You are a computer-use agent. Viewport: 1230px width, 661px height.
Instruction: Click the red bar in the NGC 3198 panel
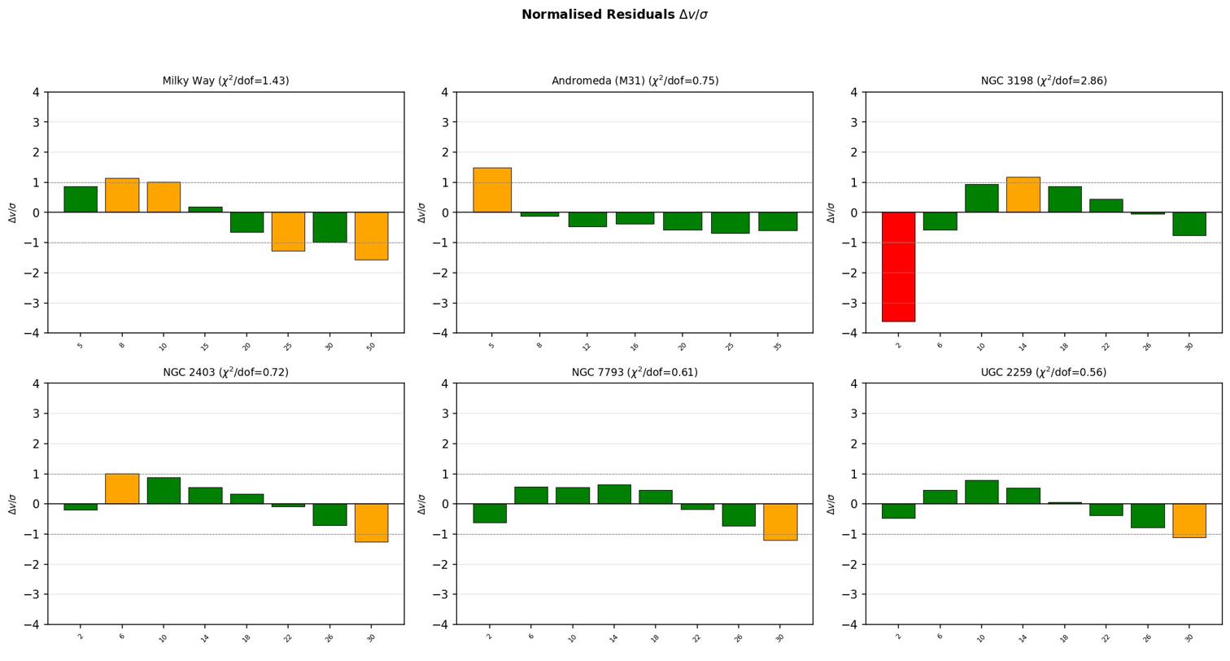click(898, 267)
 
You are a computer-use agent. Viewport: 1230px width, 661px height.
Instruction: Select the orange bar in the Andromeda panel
click(492, 190)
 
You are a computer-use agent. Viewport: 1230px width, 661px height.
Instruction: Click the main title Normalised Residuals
click(614, 15)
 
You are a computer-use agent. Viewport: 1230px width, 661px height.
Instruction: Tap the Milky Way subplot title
click(225, 81)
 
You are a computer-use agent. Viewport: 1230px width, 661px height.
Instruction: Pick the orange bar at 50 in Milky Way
click(371, 236)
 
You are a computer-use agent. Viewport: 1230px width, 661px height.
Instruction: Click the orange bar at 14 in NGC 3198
click(1023, 195)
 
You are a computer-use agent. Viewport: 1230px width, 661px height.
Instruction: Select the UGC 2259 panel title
click(1044, 372)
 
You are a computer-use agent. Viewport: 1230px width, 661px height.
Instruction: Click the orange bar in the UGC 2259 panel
click(1189, 520)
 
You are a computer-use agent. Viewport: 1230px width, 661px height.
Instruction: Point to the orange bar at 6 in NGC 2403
click(122, 488)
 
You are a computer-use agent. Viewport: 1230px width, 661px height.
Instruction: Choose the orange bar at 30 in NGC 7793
click(780, 522)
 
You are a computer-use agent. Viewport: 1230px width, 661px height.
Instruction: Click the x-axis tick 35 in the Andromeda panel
click(778, 346)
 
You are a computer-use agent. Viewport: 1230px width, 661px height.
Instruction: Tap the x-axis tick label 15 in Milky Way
click(205, 346)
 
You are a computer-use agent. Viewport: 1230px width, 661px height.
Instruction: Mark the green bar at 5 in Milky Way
click(81, 199)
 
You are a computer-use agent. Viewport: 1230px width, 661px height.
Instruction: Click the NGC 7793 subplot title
click(635, 372)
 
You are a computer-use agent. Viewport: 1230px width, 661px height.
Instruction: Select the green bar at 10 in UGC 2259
click(981, 492)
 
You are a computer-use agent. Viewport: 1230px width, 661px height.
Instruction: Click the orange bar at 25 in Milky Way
click(288, 231)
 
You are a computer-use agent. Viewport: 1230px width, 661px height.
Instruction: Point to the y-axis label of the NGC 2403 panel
click(13, 504)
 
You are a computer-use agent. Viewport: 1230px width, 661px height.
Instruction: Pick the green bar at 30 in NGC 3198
click(1189, 224)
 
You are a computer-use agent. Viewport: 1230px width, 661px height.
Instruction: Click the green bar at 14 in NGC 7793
click(614, 494)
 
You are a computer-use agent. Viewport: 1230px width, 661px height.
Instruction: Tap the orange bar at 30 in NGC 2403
click(371, 523)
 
